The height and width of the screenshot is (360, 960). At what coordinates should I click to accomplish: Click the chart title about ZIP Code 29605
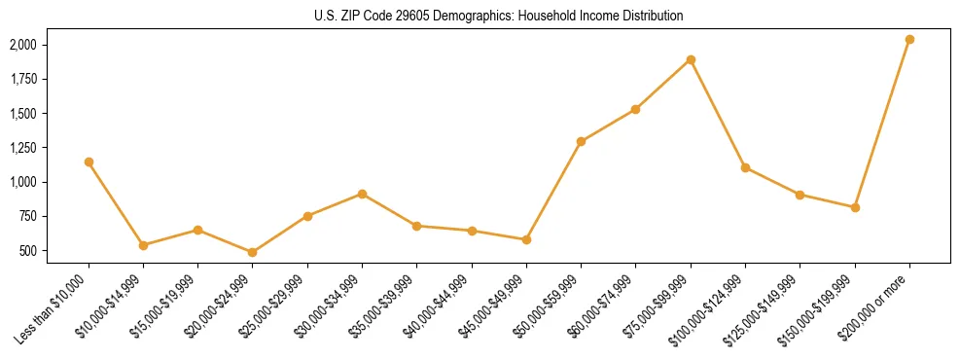click(499, 17)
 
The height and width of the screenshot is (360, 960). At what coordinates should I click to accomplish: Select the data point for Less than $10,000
click(89, 162)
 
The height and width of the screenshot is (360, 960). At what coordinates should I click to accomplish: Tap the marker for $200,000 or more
click(909, 39)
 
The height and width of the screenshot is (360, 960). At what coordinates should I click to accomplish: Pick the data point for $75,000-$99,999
click(691, 59)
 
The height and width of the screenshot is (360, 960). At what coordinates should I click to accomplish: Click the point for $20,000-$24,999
click(253, 252)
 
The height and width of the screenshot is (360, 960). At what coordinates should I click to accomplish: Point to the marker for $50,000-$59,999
click(581, 141)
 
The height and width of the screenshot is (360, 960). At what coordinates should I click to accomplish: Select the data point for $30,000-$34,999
click(362, 194)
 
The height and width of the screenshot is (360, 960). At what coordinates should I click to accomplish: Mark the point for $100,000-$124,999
click(745, 167)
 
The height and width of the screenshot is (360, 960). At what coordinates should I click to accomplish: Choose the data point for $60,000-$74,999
click(635, 109)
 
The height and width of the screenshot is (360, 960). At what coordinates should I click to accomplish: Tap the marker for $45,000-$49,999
click(526, 239)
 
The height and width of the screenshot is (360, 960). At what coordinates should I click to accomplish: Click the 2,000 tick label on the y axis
click(22, 45)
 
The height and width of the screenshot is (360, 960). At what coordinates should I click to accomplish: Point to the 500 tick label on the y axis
click(28, 251)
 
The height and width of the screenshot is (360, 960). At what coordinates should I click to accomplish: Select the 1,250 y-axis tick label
click(22, 148)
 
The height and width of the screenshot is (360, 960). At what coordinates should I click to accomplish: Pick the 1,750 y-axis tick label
click(22, 79)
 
